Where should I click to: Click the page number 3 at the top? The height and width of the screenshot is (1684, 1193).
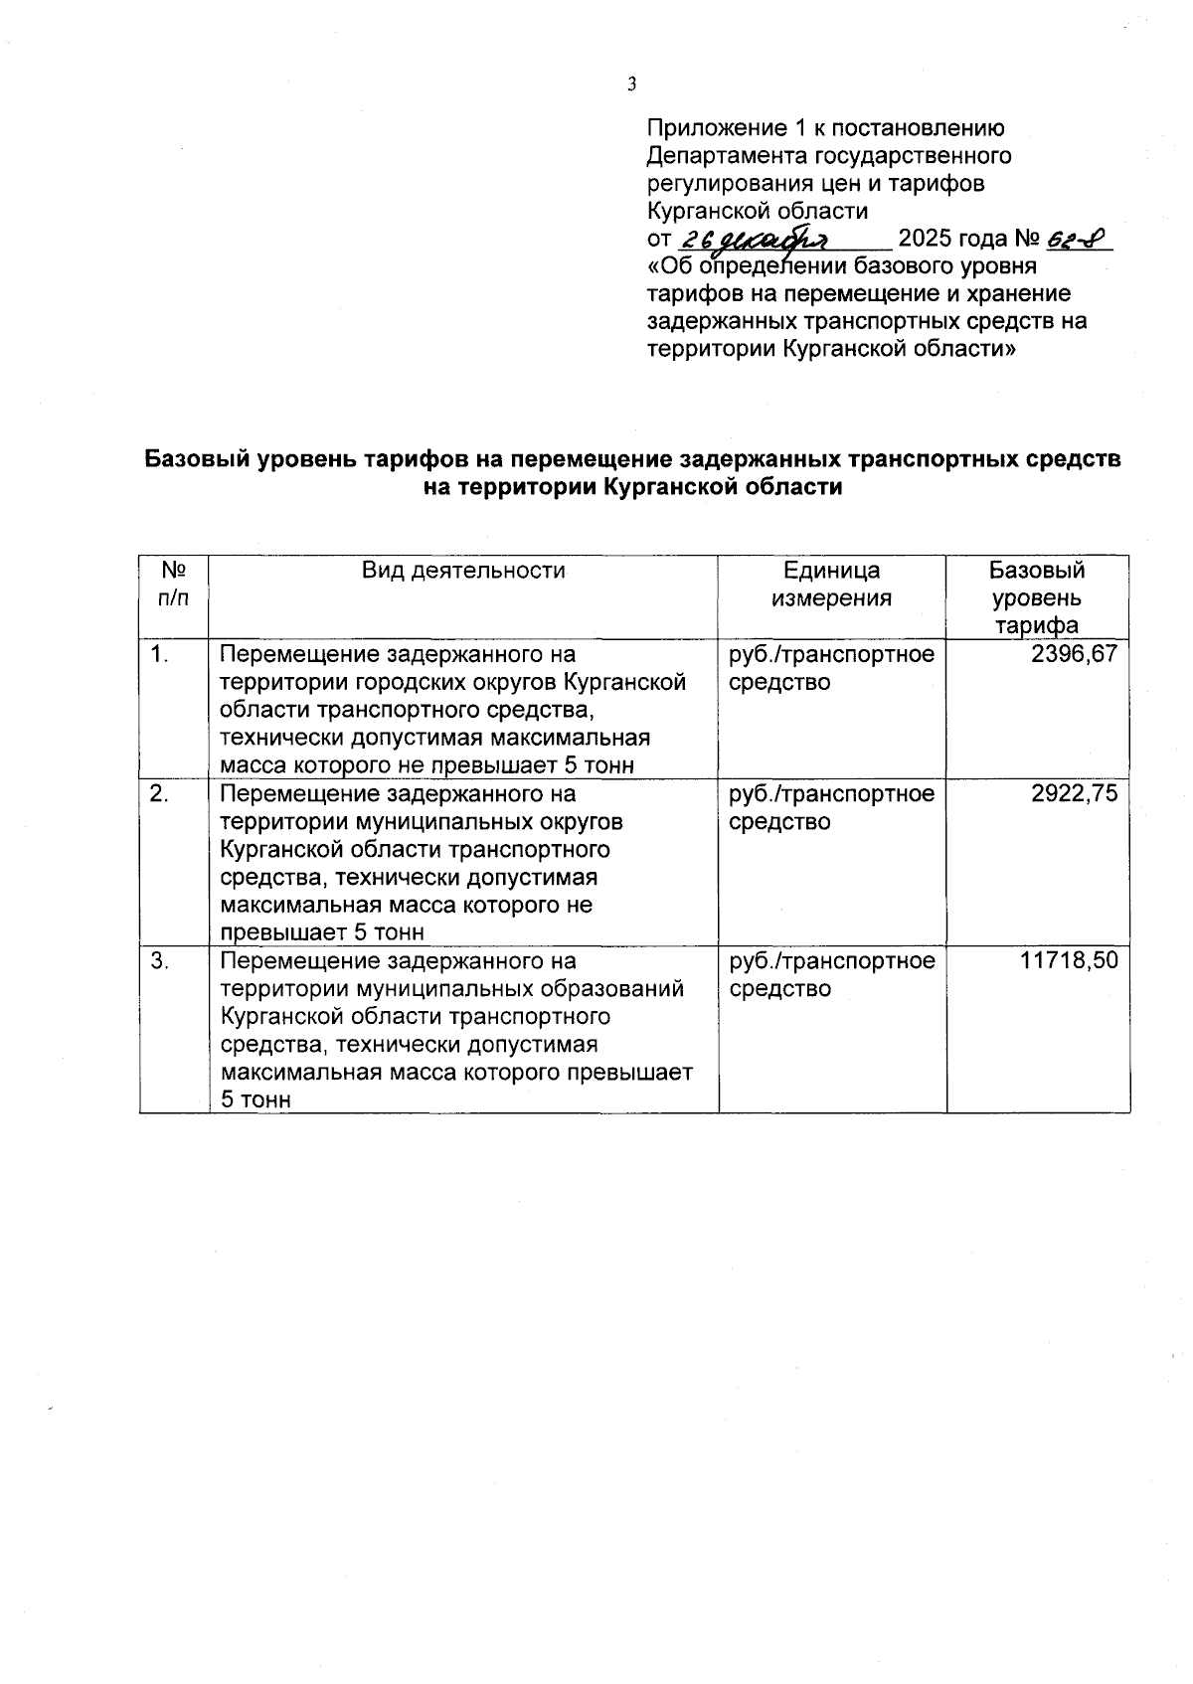[631, 84]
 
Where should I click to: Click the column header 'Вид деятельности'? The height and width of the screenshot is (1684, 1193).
[463, 571]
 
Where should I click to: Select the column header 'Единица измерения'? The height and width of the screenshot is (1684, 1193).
[832, 585]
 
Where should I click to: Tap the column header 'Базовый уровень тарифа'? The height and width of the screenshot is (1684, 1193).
[1037, 597]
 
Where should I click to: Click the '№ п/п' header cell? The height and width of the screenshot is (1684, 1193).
[174, 585]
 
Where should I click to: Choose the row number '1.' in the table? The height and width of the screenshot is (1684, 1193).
[159, 654]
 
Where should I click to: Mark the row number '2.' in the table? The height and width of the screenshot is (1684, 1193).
[159, 793]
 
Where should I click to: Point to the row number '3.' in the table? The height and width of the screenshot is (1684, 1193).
[159, 960]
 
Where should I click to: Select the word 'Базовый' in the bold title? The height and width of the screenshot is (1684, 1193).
[197, 459]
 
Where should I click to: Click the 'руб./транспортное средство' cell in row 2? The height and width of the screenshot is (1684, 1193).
[831, 807]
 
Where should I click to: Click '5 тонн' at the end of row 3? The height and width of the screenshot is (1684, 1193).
[256, 1100]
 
